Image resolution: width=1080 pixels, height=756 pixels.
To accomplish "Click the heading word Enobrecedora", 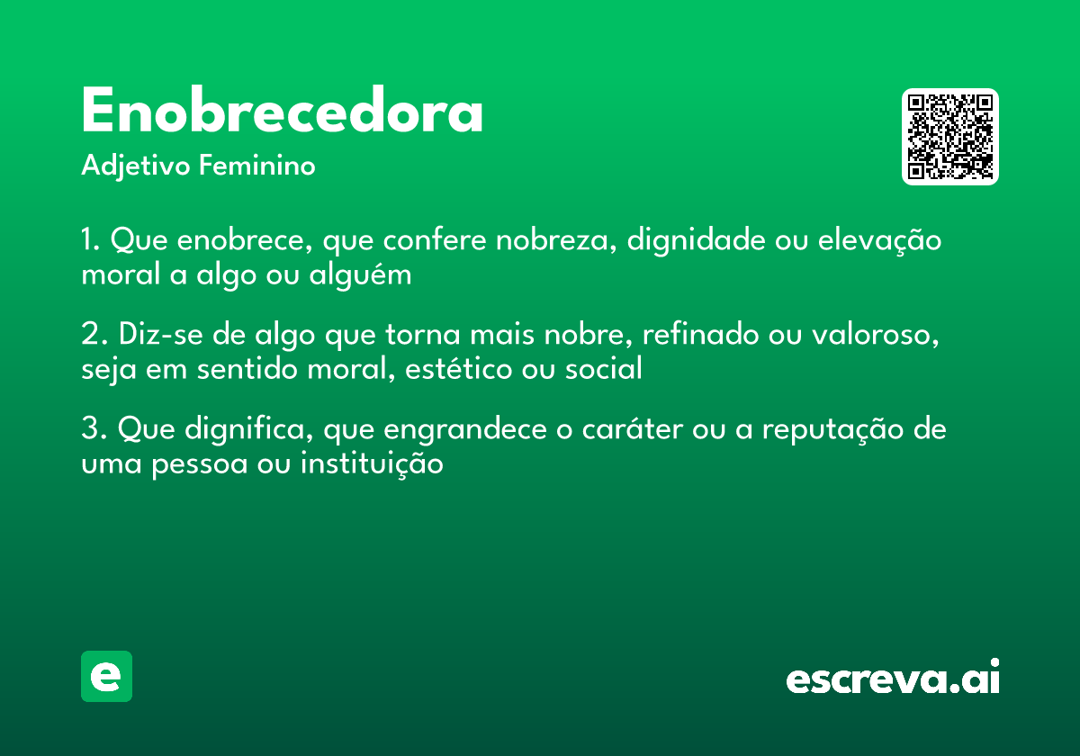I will [282, 112].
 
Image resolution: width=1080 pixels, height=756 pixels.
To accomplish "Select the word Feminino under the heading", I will [257, 166].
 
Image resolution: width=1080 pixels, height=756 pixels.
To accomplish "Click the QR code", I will [950, 137].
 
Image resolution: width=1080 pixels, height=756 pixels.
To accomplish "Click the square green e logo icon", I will [106, 676].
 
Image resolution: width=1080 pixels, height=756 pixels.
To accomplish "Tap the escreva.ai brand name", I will [893, 679].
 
